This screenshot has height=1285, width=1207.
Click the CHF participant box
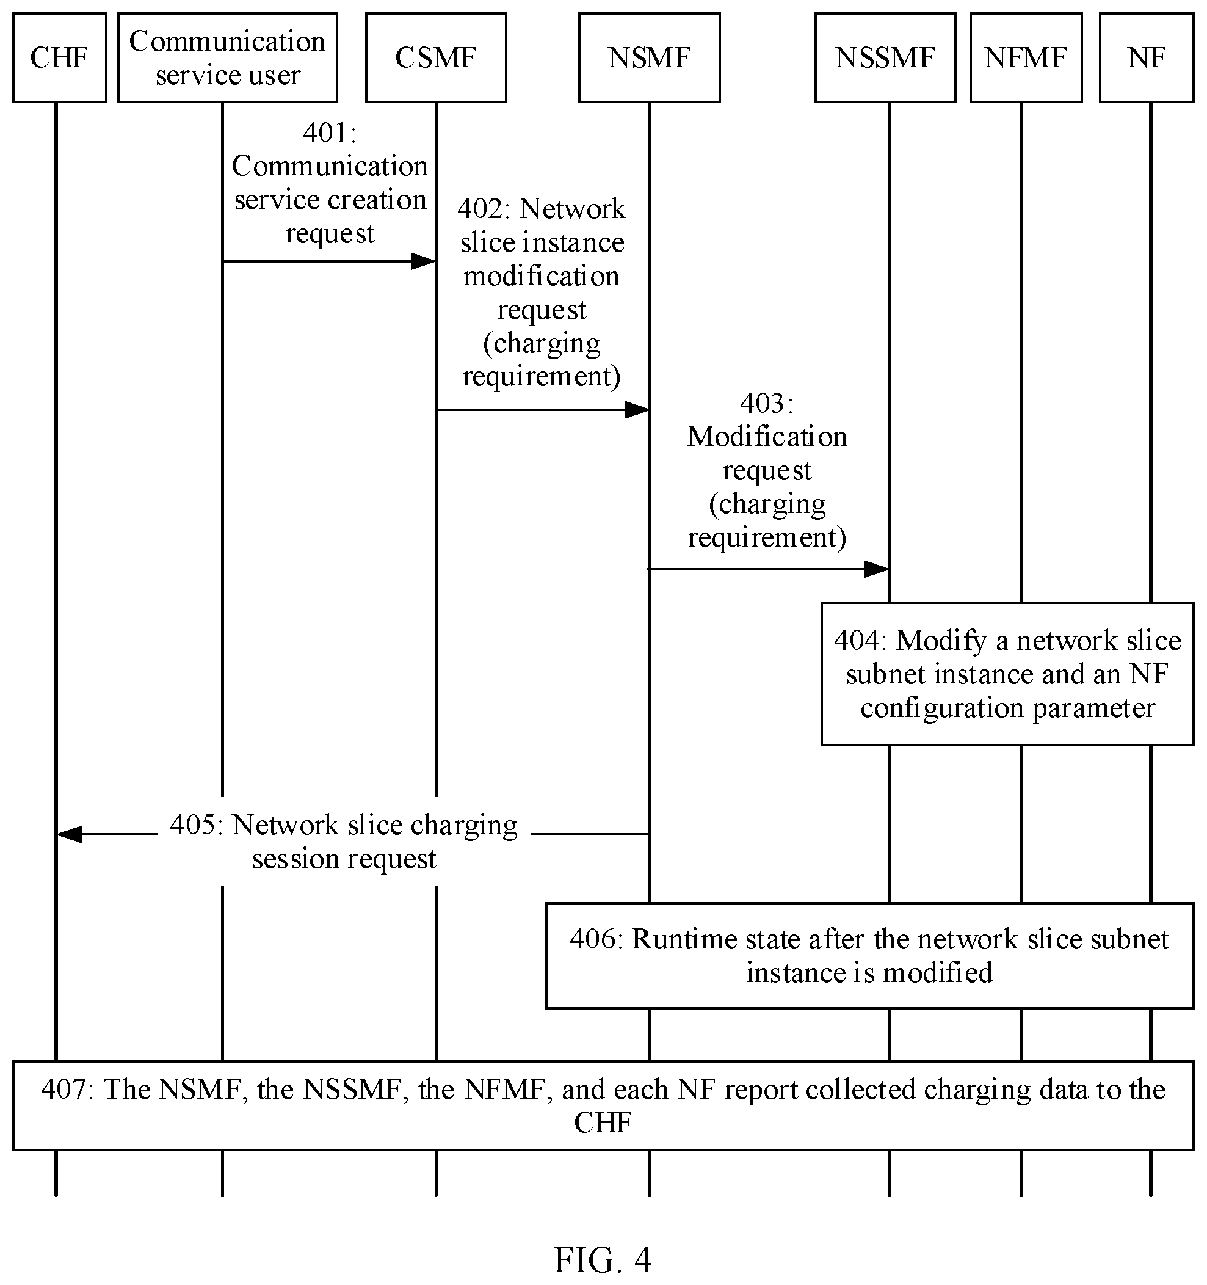(x=59, y=57)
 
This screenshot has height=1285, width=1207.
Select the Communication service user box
(x=228, y=57)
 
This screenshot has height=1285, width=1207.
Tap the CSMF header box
(x=436, y=57)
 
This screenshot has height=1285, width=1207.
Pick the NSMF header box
(x=650, y=57)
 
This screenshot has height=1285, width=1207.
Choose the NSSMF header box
(x=885, y=57)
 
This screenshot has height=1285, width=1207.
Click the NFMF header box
(x=1026, y=57)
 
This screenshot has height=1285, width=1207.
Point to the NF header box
(x=1147, y=57)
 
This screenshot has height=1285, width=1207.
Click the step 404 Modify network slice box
(x=1007, y=674)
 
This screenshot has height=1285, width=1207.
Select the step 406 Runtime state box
(x=870, y=955)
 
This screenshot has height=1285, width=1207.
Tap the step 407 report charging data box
(x=603, y=1105)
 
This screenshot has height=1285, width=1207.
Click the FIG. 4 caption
(x=603, y=1259)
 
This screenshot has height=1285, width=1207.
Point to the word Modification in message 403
(x=767, y=437)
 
